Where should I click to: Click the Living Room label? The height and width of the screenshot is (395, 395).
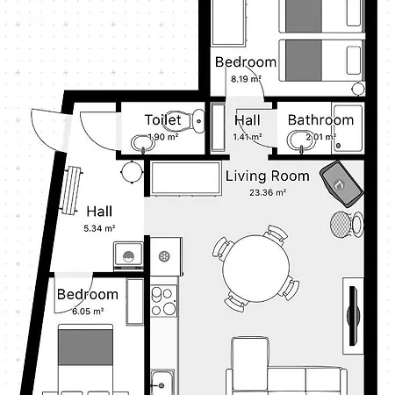268,176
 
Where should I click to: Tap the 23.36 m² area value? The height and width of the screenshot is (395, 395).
268,192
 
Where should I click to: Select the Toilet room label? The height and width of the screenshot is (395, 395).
163,120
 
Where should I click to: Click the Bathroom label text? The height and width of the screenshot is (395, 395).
320,120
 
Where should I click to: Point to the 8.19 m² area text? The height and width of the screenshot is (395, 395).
246,79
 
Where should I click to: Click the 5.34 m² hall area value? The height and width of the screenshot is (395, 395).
99,228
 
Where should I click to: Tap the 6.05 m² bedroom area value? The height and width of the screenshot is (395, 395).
88,311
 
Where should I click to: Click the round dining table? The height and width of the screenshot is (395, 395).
256,269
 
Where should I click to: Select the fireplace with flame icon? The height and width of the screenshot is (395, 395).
341,183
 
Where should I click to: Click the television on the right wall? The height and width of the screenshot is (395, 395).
354,315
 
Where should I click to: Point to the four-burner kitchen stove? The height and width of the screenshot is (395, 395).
164,301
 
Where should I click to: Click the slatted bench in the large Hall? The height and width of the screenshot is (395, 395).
70,190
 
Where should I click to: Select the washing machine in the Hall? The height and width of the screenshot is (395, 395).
128,256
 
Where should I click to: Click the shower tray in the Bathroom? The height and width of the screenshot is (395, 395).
348,127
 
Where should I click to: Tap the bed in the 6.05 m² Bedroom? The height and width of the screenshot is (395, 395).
85,359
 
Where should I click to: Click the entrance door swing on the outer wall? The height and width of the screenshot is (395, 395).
50,130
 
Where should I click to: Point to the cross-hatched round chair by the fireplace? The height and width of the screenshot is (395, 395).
341,225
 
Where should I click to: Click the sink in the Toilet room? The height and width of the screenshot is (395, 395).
143,144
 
